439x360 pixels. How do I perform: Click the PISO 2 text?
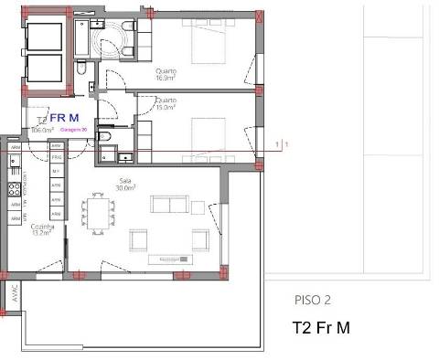click(x=312, y=300)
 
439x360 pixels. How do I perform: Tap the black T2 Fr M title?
click(x=322, y=326)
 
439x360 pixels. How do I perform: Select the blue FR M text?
click(x=64, y=118)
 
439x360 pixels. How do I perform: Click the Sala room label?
click(x=125, y=181)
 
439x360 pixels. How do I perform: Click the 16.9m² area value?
click(x=166, y=79)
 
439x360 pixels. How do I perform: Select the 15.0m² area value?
click(x=166, y=107)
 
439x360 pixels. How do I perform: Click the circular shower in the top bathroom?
click(x=117, y=37)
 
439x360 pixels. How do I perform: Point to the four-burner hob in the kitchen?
click(x=14, y=189)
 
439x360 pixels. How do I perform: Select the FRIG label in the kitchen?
click(x=56, y=158)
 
